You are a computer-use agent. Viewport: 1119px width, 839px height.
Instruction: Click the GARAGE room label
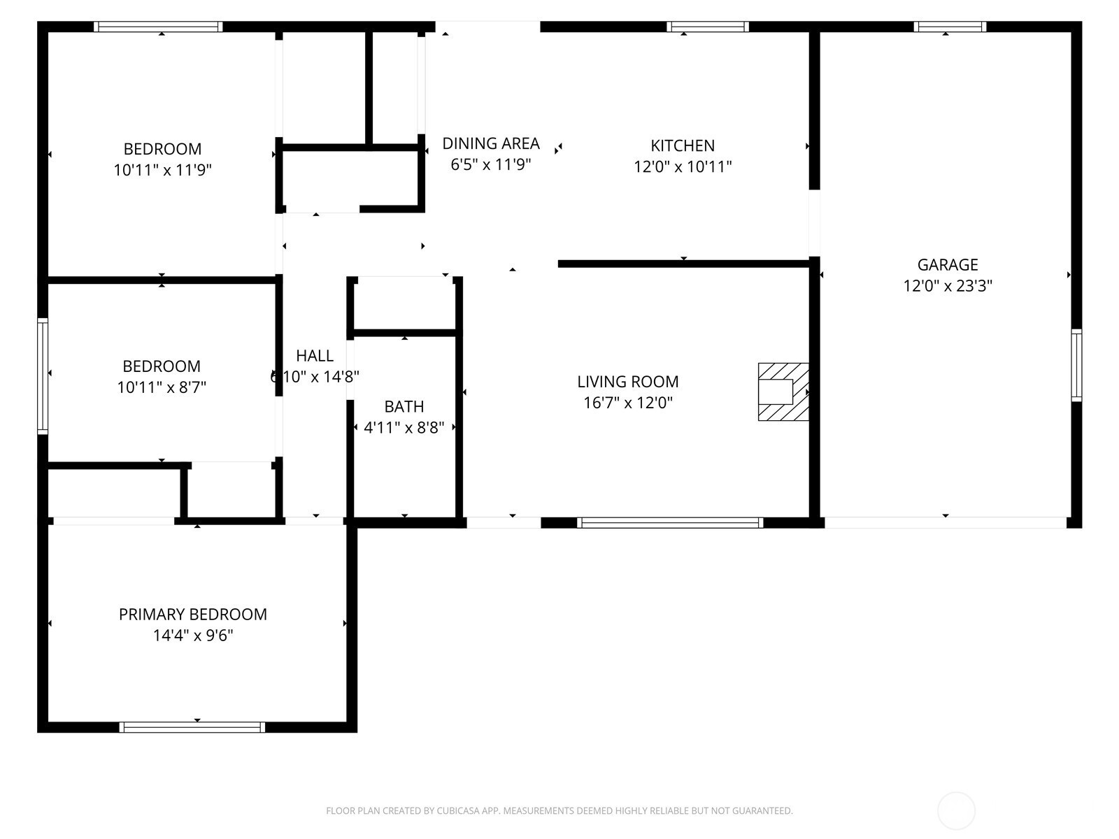(947, 265)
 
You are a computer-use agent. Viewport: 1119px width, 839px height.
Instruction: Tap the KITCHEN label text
(683, 145)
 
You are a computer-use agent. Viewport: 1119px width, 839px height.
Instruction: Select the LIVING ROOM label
(627, 382)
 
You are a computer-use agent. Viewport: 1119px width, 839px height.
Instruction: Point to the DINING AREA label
(490, 143)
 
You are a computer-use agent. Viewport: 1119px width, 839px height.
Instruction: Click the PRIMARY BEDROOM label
(193, 615)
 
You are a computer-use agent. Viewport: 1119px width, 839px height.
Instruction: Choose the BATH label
(404, 406)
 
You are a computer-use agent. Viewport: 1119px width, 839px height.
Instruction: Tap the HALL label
(315, 356)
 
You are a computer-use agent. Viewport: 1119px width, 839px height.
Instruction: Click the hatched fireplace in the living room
(783, 392)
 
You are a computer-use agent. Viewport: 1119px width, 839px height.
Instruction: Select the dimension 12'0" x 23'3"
(947, 286)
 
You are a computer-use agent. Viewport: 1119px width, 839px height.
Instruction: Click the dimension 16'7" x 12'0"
(627, 403)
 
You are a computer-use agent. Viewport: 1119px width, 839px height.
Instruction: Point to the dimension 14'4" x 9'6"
(193, 636)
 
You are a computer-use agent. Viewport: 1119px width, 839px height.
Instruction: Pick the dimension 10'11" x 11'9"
(162, 170)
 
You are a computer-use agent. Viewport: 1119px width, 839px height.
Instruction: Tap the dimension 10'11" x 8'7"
(162, 387)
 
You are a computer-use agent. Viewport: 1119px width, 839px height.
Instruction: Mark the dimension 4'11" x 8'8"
(404, 427)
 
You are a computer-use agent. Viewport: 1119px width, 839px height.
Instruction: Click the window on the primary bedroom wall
(192, 727)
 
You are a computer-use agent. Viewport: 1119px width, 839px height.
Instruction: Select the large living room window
(670, 523)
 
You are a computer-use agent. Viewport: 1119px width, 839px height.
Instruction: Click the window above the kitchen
(708, 27)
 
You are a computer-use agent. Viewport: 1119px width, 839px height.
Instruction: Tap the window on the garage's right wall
(1076, 365)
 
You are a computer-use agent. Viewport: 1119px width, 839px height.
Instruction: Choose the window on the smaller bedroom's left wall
(43, 376)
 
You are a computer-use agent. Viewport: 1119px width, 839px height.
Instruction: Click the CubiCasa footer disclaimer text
(559, 810)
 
